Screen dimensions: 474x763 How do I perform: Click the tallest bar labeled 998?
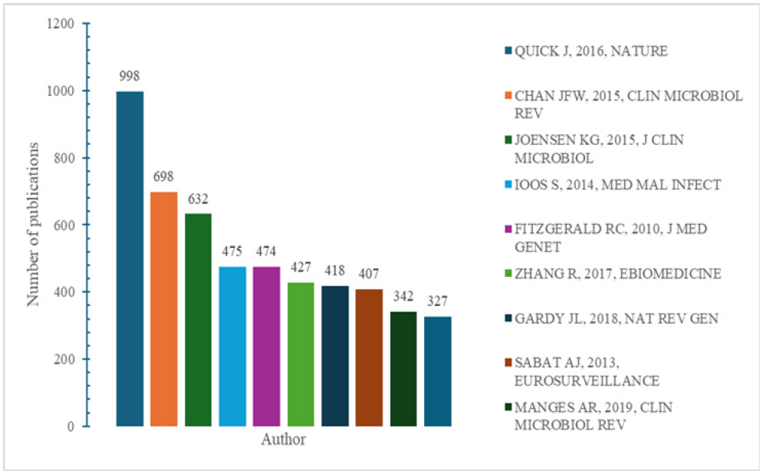tap(130, 258)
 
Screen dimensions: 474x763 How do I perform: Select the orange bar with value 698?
tap(163, 308)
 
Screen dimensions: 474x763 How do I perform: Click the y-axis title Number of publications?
tap(34, 225)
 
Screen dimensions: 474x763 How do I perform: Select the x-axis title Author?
tap(283, 440)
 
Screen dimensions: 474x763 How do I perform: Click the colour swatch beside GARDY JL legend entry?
tap(508, 318)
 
